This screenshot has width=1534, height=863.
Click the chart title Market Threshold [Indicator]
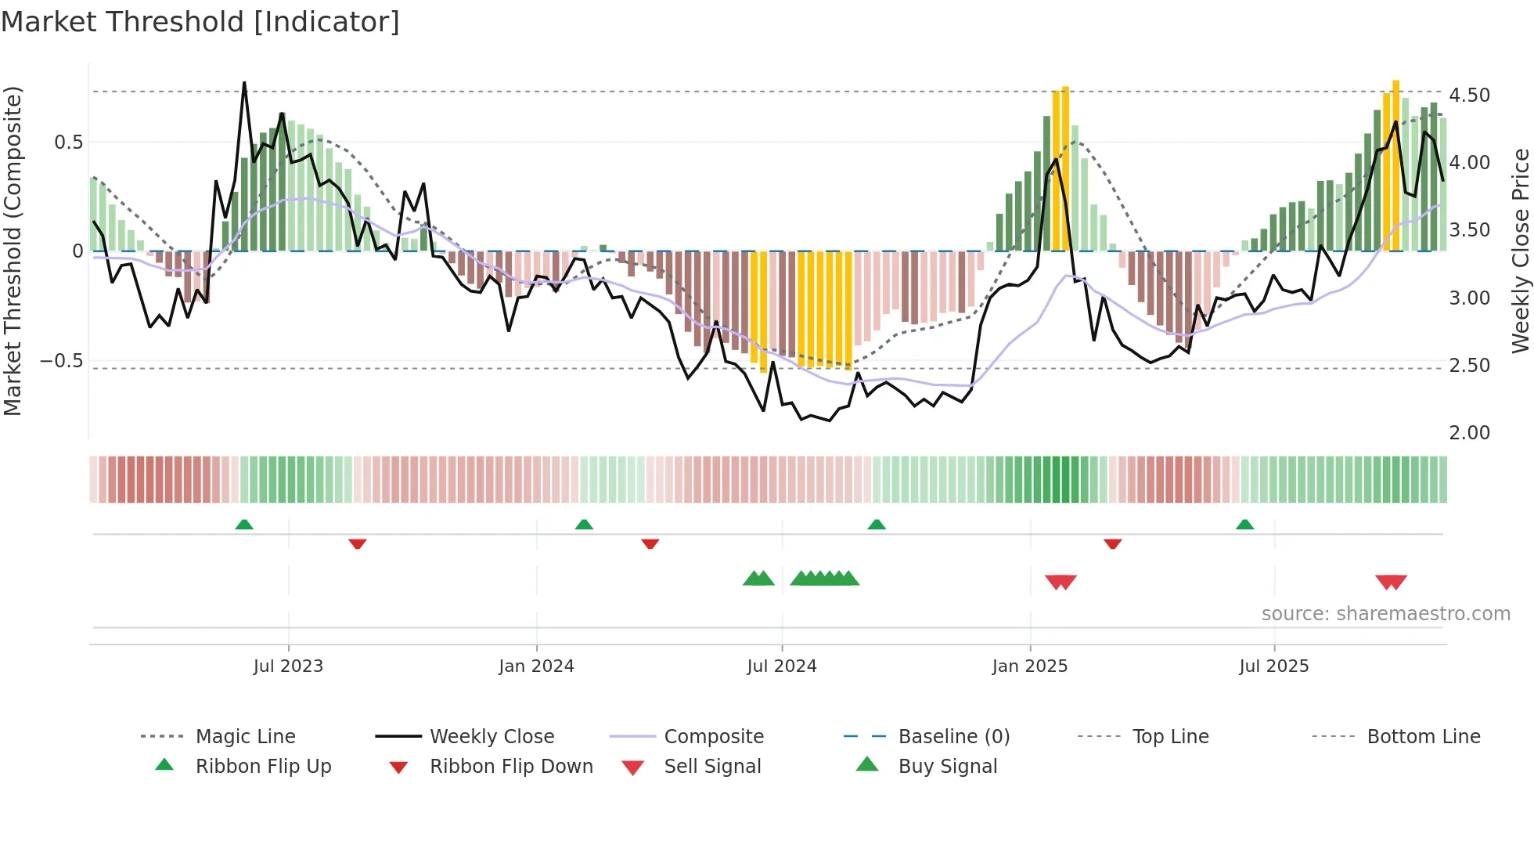click(x=200, y=22)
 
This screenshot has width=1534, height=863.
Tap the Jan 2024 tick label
click(x=536, y=666)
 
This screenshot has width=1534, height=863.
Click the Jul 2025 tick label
click(x=1273, y=666)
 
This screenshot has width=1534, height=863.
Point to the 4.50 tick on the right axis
click(x=1469, y=96)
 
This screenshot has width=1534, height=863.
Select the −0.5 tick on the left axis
click(x=61, y=361)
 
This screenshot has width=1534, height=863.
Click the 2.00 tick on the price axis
click(x=1469, y=433)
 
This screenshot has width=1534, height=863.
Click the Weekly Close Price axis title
click(x=1520, y=251)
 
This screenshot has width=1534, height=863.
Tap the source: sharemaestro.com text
click(x=1385, y=614)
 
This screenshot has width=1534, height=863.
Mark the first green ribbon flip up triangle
click(x=244, y=525)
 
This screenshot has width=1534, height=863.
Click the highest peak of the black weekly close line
click(x=244, y=82)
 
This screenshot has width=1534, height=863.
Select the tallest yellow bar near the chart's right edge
click(x=1395, y=164)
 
